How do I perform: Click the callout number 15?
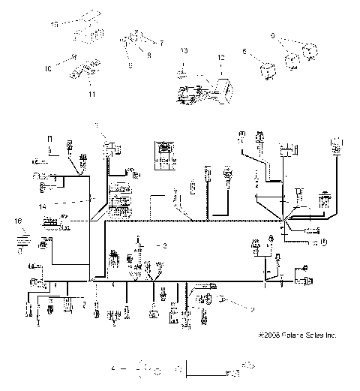pyautogui.click(x=53, y=25)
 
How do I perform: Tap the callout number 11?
pyautogui.click(x=92, y=96)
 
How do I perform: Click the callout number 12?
pyautogui.click(x=221, y=57)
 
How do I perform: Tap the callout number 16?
pyautogui.click(x=18, y=221)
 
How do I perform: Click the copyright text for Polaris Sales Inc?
pyautogui.click(x=296, y=335)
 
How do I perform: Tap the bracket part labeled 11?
pyautogui.click(x=83, y=76)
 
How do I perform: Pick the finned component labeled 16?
pyautogui.click(x=21, y=241)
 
